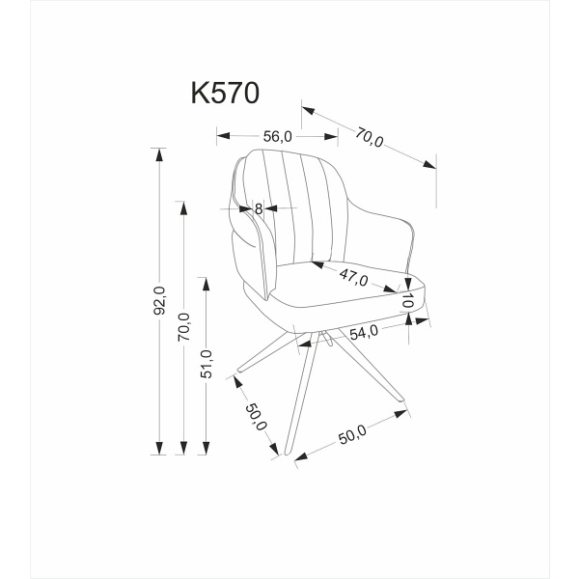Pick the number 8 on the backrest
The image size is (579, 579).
(259, 207)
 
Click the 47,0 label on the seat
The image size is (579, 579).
(353, 278)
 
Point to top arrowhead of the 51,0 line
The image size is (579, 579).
(206, 281)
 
